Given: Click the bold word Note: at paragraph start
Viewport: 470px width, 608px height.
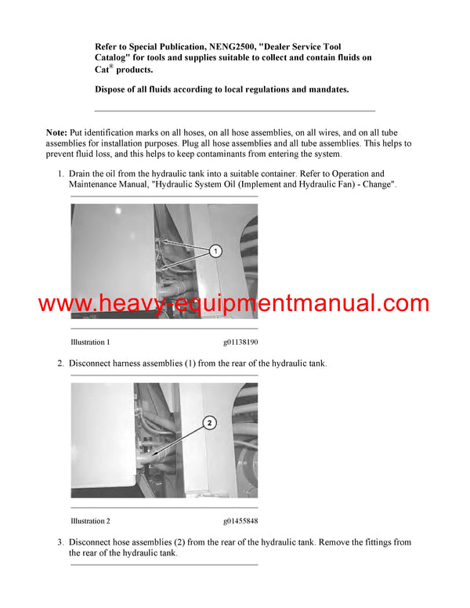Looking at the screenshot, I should point(57,132).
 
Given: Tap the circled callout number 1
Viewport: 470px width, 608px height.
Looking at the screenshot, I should point(215,251).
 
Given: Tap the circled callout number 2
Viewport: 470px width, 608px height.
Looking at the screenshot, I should point(209,423).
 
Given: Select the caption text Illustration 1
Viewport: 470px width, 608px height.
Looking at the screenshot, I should point(90,342).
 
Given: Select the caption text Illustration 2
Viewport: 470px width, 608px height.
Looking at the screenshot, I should point(90,521).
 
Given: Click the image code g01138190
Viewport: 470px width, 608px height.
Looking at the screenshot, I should point(240,342).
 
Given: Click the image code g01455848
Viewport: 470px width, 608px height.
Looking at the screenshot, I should point(240,521).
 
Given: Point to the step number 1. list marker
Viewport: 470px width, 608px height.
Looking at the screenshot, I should point(60,173).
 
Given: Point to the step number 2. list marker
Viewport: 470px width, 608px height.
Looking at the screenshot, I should point(60,364).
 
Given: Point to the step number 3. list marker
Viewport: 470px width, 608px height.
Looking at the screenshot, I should point(60,542).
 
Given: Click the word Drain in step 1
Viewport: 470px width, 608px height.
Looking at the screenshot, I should point(81,173).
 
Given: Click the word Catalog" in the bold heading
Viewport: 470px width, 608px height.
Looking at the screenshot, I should point(114,58).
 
